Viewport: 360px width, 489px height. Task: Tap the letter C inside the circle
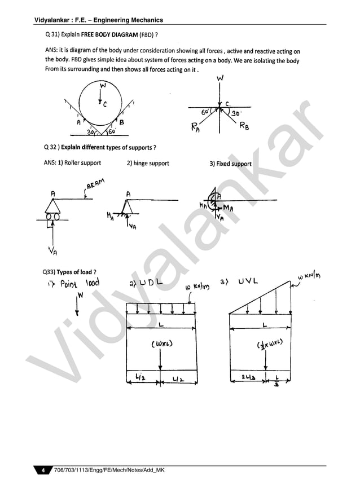tap(105, 103)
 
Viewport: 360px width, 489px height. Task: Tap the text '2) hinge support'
tap(148, 164)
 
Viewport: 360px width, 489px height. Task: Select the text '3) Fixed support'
tap(230, 164)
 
